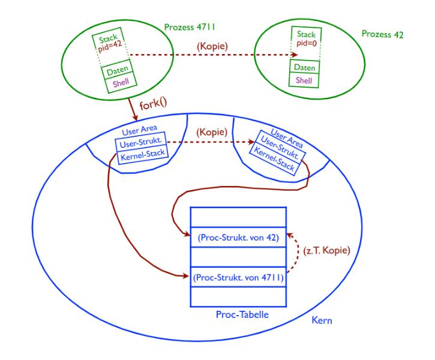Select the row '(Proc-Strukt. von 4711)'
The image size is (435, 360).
pos(237,278)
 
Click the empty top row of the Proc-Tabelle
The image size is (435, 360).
pos(237,217)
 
